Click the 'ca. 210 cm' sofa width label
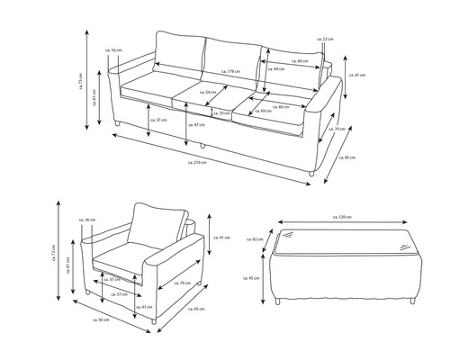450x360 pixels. [197, 162]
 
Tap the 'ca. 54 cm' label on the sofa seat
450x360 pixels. [210, 93]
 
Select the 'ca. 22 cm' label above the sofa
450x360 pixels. [325, 40]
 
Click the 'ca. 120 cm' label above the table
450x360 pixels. [341, 217]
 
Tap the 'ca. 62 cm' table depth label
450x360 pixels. [258, 238]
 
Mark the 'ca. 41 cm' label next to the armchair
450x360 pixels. [224, 237]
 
